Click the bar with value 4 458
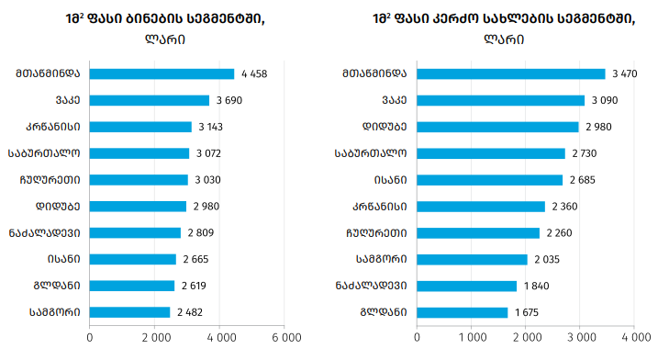coord(162,73)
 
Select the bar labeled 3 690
coord(150,100)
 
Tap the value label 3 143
coord(210,127)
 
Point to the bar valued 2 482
coord(129,312)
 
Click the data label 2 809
coord(201,232)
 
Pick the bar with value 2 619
coord(132,286)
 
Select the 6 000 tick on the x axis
coord(286,338)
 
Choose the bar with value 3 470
coord(511,73)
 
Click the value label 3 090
coord(605,100)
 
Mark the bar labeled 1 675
coord(463,312)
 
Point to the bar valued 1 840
coord(467,287)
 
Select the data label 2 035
coord(547,259)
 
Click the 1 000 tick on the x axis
coord(472,338)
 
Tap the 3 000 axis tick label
coord(581,338)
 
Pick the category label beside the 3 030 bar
coord(50,180)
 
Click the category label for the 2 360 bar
coord(379,207)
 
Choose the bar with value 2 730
coord(491,153)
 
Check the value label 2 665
coord(195,259)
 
